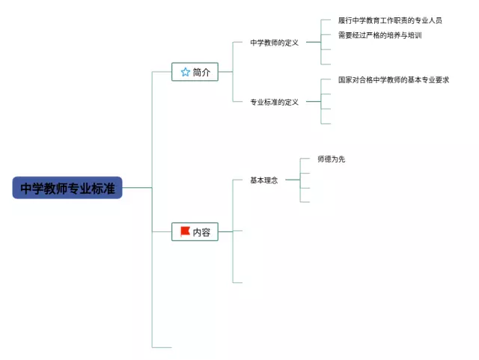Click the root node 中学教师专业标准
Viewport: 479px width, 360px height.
click(x=67, y=188)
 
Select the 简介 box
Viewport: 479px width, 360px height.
click(x=195, y=72)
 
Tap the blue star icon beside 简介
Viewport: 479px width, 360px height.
click(x=186, y=72)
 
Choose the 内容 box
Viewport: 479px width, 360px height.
click(x=195, y=232)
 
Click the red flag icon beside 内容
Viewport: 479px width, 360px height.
click(x=185, y=232)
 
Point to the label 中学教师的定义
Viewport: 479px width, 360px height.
click(x=275, y=43)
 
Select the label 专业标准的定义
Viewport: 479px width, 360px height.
click(x=275, y=102)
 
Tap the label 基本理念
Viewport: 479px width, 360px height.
click(x=264, y=180)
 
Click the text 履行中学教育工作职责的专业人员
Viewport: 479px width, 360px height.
click(x=390, y=20)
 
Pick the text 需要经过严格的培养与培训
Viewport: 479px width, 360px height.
click(x=380, y=35)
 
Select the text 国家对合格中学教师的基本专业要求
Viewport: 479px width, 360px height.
click(x=394, y=80)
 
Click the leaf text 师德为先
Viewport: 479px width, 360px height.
click(x=332, y=159)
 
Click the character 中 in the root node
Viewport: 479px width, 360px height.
click(x=26, y=189)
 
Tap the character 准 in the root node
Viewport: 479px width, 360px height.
click(x=109, y=189)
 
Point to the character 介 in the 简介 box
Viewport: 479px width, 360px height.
click(x=206, y=72)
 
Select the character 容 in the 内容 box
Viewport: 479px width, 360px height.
click(x=206, y=232)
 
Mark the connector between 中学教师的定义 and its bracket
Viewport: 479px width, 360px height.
click(x=314, y=42)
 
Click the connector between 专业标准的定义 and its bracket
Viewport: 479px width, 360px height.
click(x=314, y=102)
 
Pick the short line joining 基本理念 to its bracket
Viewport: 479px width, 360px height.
click(x=293, y=180)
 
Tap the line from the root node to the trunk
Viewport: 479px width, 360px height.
click(x=137, y=187)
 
